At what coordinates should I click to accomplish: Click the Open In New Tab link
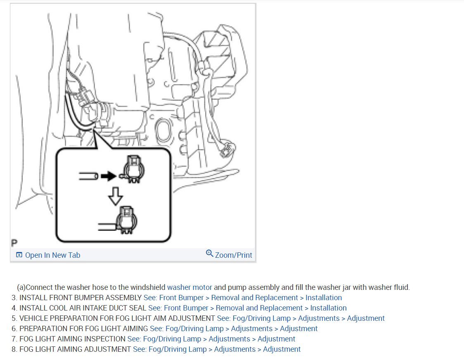coord(52,255)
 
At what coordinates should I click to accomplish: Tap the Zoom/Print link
coord(233,255)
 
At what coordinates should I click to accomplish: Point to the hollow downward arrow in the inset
coord(116,197)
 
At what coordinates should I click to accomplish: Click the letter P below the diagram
coord(14,242)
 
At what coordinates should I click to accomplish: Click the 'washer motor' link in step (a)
coord(189,287)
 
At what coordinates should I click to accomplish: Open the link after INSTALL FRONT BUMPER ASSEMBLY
coord(243,298)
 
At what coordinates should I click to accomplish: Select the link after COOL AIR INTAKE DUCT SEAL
coord(247,308)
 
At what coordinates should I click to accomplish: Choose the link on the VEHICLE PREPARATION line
coord(301,318)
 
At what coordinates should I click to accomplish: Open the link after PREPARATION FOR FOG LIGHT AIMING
coord(234,329)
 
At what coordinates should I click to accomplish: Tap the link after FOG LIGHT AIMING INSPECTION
coord(211,339)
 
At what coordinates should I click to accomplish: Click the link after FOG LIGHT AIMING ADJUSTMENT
coord(217,349)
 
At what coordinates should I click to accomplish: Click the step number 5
coord(14,318)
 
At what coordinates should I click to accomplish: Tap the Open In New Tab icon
coord(19,255)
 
